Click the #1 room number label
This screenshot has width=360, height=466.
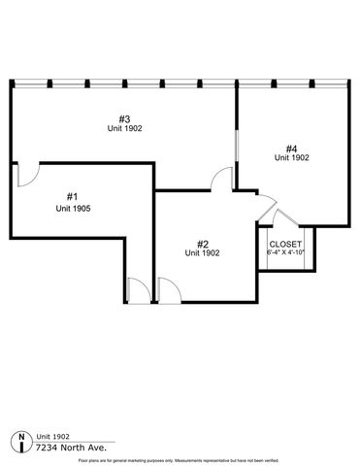(x=73, y=196)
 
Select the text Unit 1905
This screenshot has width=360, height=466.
(x=73, y=209)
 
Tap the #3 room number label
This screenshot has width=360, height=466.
(x=126, y=116)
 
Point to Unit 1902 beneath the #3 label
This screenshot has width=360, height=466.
(x=126, y=128)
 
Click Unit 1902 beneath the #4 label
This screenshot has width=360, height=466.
(x=291, y=156)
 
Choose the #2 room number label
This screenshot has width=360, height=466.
(x=203, y=243)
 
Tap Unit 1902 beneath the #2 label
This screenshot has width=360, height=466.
(x=203, y=253)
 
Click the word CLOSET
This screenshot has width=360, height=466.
(x=285, y=244)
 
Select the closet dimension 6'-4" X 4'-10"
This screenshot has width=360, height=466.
(x=285, y=252)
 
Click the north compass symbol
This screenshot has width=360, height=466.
(x=22, y=442)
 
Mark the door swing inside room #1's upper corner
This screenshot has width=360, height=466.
(x=26, y=175)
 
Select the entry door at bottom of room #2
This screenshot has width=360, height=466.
(x=166, y=289)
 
